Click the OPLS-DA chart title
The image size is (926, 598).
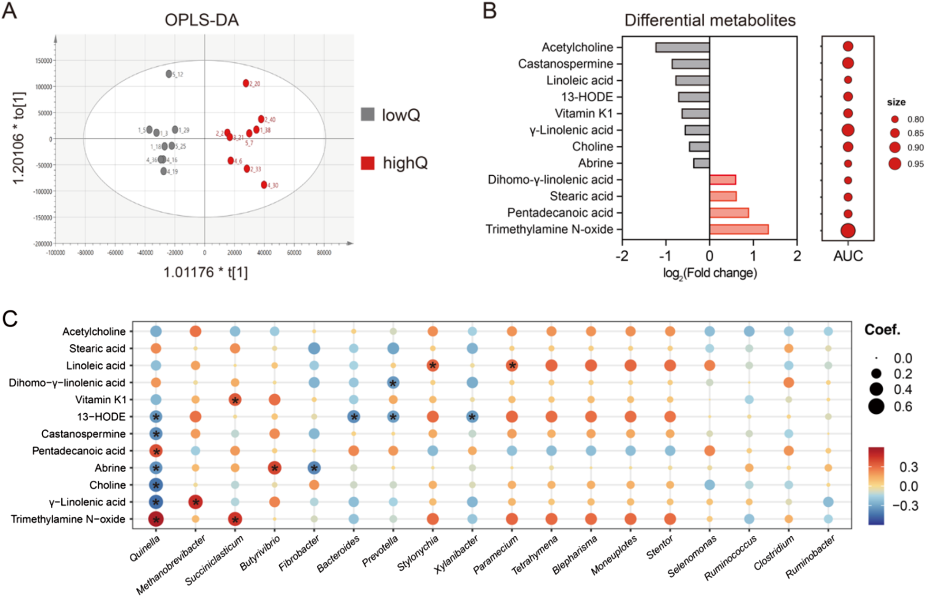(201, 20)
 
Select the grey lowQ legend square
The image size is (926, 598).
(368, 114)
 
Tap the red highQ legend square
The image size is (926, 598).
(368, 163)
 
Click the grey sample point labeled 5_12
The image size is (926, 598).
(169, 74)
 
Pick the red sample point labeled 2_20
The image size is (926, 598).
(246, 83)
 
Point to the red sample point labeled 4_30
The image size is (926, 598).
(264, 185)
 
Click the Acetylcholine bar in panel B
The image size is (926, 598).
(682, 47)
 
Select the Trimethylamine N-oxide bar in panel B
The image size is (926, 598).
(739, 229)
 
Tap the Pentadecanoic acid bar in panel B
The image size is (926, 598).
(729, 213)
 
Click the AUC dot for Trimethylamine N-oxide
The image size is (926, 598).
(848, 231)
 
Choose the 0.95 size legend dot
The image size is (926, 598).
(895, 164)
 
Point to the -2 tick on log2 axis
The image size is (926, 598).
(622, 256)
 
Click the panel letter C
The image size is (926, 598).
(10, 319)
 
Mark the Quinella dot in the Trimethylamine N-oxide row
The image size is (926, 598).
(156, 519)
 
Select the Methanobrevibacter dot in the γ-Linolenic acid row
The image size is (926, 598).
(195, 502)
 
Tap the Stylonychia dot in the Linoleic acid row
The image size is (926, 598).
(433, 366)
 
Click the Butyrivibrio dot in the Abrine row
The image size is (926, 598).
(274, 468)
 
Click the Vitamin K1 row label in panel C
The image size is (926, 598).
(101, 400)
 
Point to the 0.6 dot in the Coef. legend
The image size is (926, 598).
(877, 407)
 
